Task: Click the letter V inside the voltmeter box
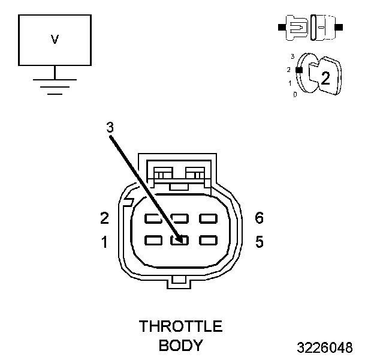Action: (55, 40)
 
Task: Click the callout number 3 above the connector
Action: (109, 128)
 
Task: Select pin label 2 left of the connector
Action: (104, 218)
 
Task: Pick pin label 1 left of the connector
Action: (104, 242)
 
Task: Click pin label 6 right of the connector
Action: (259, 218)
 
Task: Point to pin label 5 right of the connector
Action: (259, 242)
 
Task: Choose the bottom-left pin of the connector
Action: (153, 240)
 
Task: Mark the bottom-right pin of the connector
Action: (207, 240)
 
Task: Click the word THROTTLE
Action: (180, 327)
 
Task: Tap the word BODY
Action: (180, 346)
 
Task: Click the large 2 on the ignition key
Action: (325, 77)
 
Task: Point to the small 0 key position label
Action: (294, 95)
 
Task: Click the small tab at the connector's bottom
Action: (180, 280)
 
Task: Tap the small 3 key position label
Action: (292, 56)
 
